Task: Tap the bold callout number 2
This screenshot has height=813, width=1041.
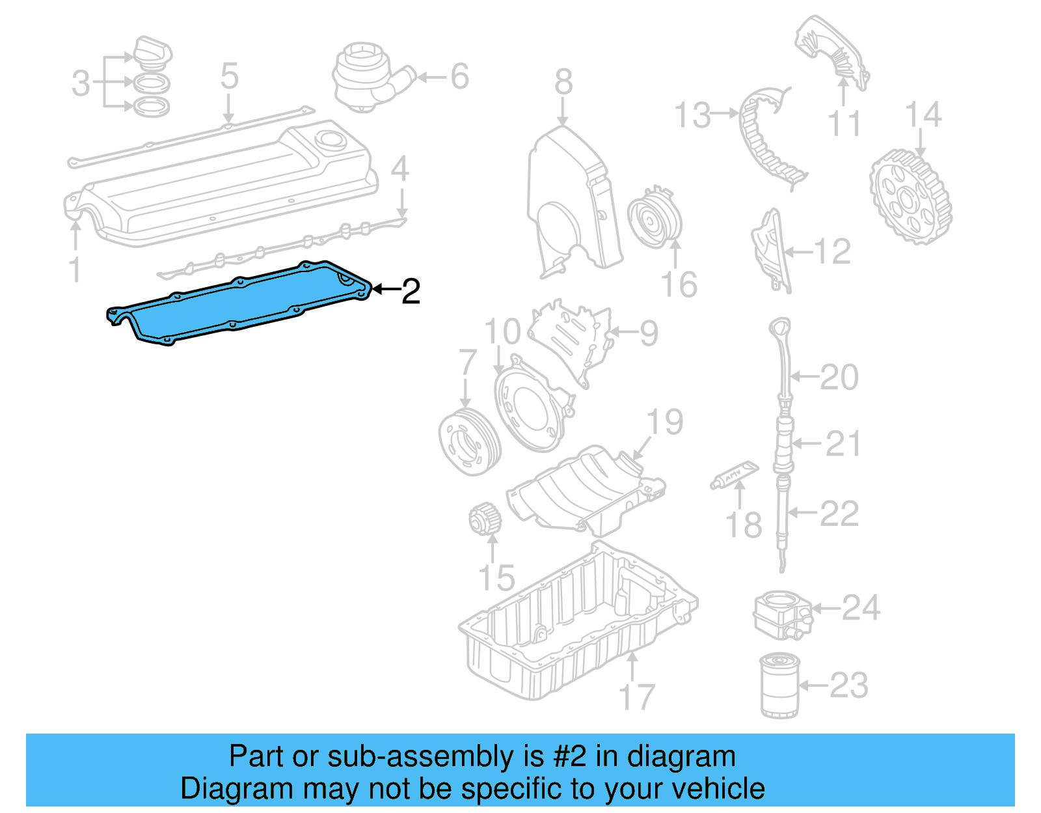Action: [411, 291]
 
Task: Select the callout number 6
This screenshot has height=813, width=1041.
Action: [459, 77]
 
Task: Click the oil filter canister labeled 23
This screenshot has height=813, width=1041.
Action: [779, 686]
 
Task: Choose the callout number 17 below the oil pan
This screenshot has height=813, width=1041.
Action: [636, 697]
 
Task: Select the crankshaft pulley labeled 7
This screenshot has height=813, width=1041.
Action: [468, 442]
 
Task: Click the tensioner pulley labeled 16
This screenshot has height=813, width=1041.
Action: [655, 217]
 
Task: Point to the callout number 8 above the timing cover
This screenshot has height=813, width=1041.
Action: [563, 82]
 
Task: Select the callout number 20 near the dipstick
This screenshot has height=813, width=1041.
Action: [839, 377]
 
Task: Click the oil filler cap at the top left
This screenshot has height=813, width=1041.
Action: [153, 51]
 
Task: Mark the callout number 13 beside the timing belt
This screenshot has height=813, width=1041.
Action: [692, 115]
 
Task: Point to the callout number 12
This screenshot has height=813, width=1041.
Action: [832, 251]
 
